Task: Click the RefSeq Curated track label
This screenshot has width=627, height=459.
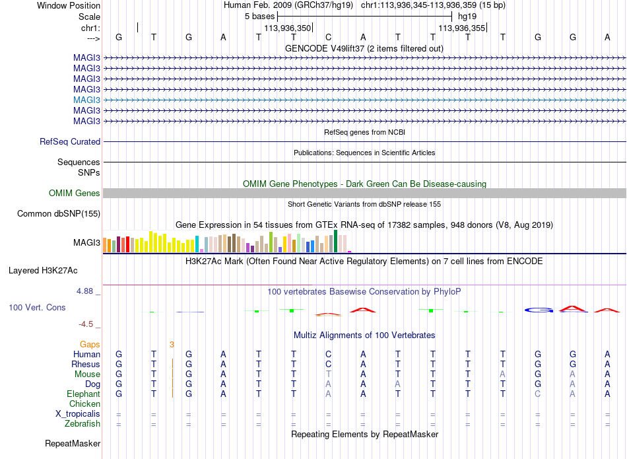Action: point(70,141)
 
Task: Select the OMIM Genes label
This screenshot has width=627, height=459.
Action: point(75,194)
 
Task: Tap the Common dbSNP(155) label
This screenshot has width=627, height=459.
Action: point(59,214)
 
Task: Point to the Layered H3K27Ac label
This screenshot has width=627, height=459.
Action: point(43,271)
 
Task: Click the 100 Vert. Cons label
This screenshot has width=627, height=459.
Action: point(37,307)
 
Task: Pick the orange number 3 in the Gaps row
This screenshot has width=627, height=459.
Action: point(172,345)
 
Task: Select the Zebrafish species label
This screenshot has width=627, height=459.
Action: point(82,423)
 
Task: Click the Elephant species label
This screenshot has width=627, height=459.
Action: point(84,394)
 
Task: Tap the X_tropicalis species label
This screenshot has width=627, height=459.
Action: point(78,414)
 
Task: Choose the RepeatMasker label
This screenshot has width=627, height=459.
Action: point(73,443)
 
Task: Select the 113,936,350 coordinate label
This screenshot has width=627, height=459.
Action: point(288,28)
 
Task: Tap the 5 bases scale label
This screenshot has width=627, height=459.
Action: point(260,17)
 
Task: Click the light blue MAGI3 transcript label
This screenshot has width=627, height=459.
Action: point(86,100)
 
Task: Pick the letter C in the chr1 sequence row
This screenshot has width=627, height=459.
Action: point(328,37)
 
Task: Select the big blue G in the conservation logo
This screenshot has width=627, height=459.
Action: point(539,310)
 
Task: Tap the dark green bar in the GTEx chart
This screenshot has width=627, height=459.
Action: point(335,241)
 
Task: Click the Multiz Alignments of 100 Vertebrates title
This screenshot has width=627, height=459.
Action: point(364,335)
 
